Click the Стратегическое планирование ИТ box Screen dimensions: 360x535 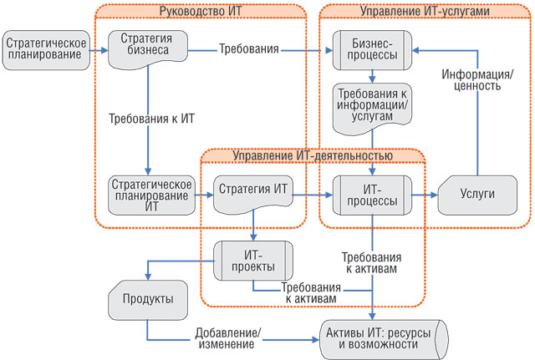[152, 195]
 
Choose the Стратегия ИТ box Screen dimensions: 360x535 [252, 194]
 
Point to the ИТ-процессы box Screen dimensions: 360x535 [372, 195]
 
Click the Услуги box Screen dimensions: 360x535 [479, 195]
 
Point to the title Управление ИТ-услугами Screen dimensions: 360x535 [425, 11]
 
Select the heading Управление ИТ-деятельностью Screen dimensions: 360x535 [313, 155]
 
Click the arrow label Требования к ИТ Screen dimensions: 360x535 [151, 118]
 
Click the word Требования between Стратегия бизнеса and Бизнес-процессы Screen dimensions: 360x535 [248, 49]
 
